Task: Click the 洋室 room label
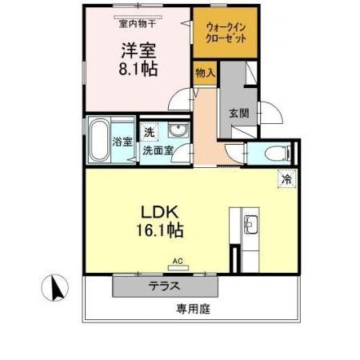[138, 50]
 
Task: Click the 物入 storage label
[206, 73]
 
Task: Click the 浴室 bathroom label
[122, 142]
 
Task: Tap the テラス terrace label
[163, 285]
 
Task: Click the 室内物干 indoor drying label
[138, 23]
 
